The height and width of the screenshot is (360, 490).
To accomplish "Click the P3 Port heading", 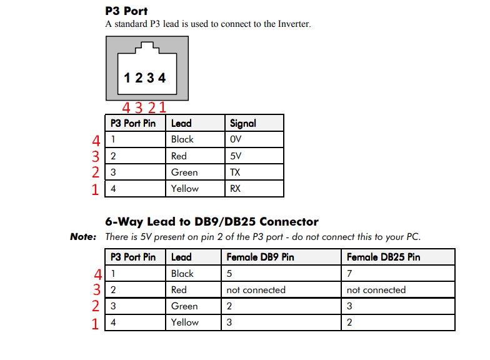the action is (x=127, y=11).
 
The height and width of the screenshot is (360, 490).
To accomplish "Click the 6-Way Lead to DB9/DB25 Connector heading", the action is (x=212, y=222).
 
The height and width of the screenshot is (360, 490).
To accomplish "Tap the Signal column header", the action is (x=242, y=123).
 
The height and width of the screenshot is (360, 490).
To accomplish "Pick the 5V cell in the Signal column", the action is (x=236, y=156).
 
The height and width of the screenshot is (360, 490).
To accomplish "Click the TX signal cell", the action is (x=236, y=172).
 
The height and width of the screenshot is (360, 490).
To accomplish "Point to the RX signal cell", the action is (x=236, y=189).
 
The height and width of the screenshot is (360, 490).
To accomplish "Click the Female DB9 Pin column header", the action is (x=260, y=257).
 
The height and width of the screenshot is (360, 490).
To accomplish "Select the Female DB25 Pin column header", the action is (x=383, y=257).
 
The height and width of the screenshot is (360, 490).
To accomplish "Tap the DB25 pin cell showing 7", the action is (x=349, y=274).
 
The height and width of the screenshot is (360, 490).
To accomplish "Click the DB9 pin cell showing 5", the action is (x=229, y=274).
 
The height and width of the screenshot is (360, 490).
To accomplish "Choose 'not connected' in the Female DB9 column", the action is (x=256, y=290).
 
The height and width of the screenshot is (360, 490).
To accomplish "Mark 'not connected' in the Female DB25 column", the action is (x=376, y=290).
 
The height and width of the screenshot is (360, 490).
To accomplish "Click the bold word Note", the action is (x=83, y=237).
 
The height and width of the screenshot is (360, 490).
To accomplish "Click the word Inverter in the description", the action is (x=292, y=24).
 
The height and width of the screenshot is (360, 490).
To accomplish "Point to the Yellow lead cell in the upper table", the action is (x=185, y=189).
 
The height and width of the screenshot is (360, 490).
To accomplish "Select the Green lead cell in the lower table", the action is (x=184, y=306).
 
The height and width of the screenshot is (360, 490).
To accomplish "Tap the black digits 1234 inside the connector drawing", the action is (x=145, y=78).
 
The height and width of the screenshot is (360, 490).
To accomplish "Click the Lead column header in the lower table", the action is (x=181, y=257).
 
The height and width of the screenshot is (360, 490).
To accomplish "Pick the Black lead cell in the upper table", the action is (x=182, y=139).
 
